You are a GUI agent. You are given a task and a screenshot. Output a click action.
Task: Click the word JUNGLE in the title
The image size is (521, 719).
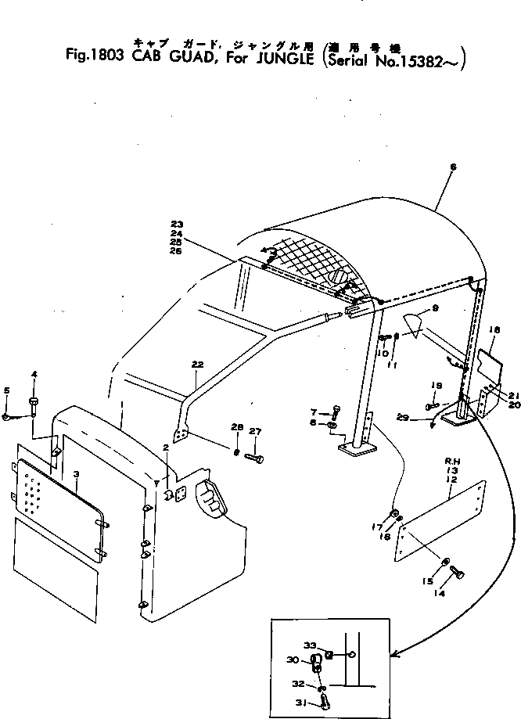280,60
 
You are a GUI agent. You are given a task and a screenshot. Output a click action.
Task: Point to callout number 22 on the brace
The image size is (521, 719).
196,365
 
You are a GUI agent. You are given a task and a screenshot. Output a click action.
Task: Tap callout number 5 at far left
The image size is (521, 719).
6,390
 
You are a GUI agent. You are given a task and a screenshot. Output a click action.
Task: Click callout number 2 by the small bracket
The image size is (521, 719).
166,469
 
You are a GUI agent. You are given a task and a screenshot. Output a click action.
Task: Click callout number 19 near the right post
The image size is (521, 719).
438,385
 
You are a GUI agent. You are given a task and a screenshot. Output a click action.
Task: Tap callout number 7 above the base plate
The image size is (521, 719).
313,412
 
